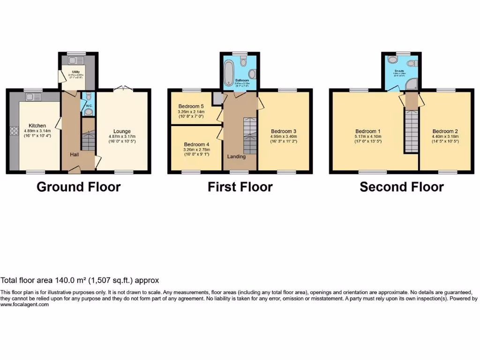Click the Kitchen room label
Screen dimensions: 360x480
click(x=37, y=126)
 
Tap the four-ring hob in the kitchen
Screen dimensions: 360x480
click(x=11, y=131)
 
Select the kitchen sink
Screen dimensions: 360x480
click(x=33, y=97)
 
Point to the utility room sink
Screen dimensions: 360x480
click(x=75, y=60)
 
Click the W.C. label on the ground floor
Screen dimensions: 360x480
click(x=89, y=105)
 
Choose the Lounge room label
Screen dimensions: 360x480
click(x=122, y=131)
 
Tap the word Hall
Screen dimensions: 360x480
click(x=75, y=155)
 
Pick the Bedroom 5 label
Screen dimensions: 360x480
click(x=191, y=106)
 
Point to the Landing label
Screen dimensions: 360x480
click(x=236, y=157)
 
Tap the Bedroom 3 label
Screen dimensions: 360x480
click(x=284, y=131)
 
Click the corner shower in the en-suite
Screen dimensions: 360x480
click(x=412, y=84)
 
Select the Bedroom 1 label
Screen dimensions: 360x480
click(x=368, y=131)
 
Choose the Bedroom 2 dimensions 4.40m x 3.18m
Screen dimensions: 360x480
click(x=445, y=136)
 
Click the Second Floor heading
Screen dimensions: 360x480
click(x=402, y=187)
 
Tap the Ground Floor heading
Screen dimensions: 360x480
click(x=78, y=187)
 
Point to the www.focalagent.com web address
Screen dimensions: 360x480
click(x=24, y=305)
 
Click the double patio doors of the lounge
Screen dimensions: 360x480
click(x=122, y=88)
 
